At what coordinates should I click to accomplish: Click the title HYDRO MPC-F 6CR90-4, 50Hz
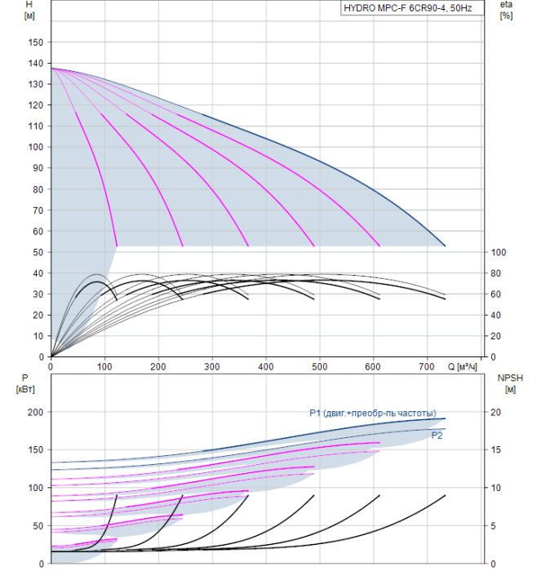pyautogui.click(x=408, y=8)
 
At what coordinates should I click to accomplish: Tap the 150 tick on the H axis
pyautogui.click(x=36, y=42)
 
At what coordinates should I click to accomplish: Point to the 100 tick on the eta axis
pyautogui.click(x=499, y=252)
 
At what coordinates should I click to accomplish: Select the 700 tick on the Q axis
pyautogui.click(x=427, y=366)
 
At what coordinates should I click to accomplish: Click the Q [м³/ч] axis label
pyautogui.click(x=462, y=366)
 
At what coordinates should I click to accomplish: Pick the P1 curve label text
pyautogui.click(x=373, y=413)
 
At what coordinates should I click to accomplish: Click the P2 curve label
pyautogui.click(x=437, y=436)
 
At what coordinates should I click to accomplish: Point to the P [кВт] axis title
pyautogui.click(x=25, y=383)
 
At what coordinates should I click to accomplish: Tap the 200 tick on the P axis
pyautogui.click(x=36, y=412)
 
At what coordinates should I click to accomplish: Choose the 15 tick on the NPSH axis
pyautogui.click(x=495, y=449)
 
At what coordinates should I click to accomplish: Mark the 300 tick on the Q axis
pyautogui.click(x=211, y=366)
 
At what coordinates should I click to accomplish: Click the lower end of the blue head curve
pyautogui.click(x=446, y=246)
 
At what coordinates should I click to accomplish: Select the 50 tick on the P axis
pyautogui.click(x=38, y=526)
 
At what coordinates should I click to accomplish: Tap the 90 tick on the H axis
pyautogui.click(x=38, y=168)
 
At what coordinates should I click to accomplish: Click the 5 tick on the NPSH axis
pyautogui.click(x=493, y=526)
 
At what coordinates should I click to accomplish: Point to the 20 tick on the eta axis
pyautogui.click(x=495, y=336)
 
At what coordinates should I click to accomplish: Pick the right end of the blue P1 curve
pyautogui.click(x=446, y=418)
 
